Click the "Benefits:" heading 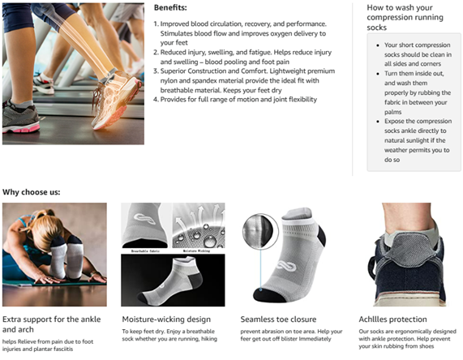(x=170, y=7)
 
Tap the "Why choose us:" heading (x=32, y=192)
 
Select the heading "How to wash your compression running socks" (x=405, y=17)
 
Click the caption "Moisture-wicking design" (x=166, y=319)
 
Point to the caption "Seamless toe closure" (x=278, y=319)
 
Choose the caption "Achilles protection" (x=392, y=319)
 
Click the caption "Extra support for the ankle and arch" (x=52, y=324)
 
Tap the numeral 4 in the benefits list (x=156, y=100)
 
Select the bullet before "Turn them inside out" (x=378, y=74)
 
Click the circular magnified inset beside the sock (x=260, y=232)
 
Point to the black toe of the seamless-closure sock (x=270, y=294)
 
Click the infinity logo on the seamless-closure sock (x=286, y=266)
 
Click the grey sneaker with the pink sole (x=20, y=118)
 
